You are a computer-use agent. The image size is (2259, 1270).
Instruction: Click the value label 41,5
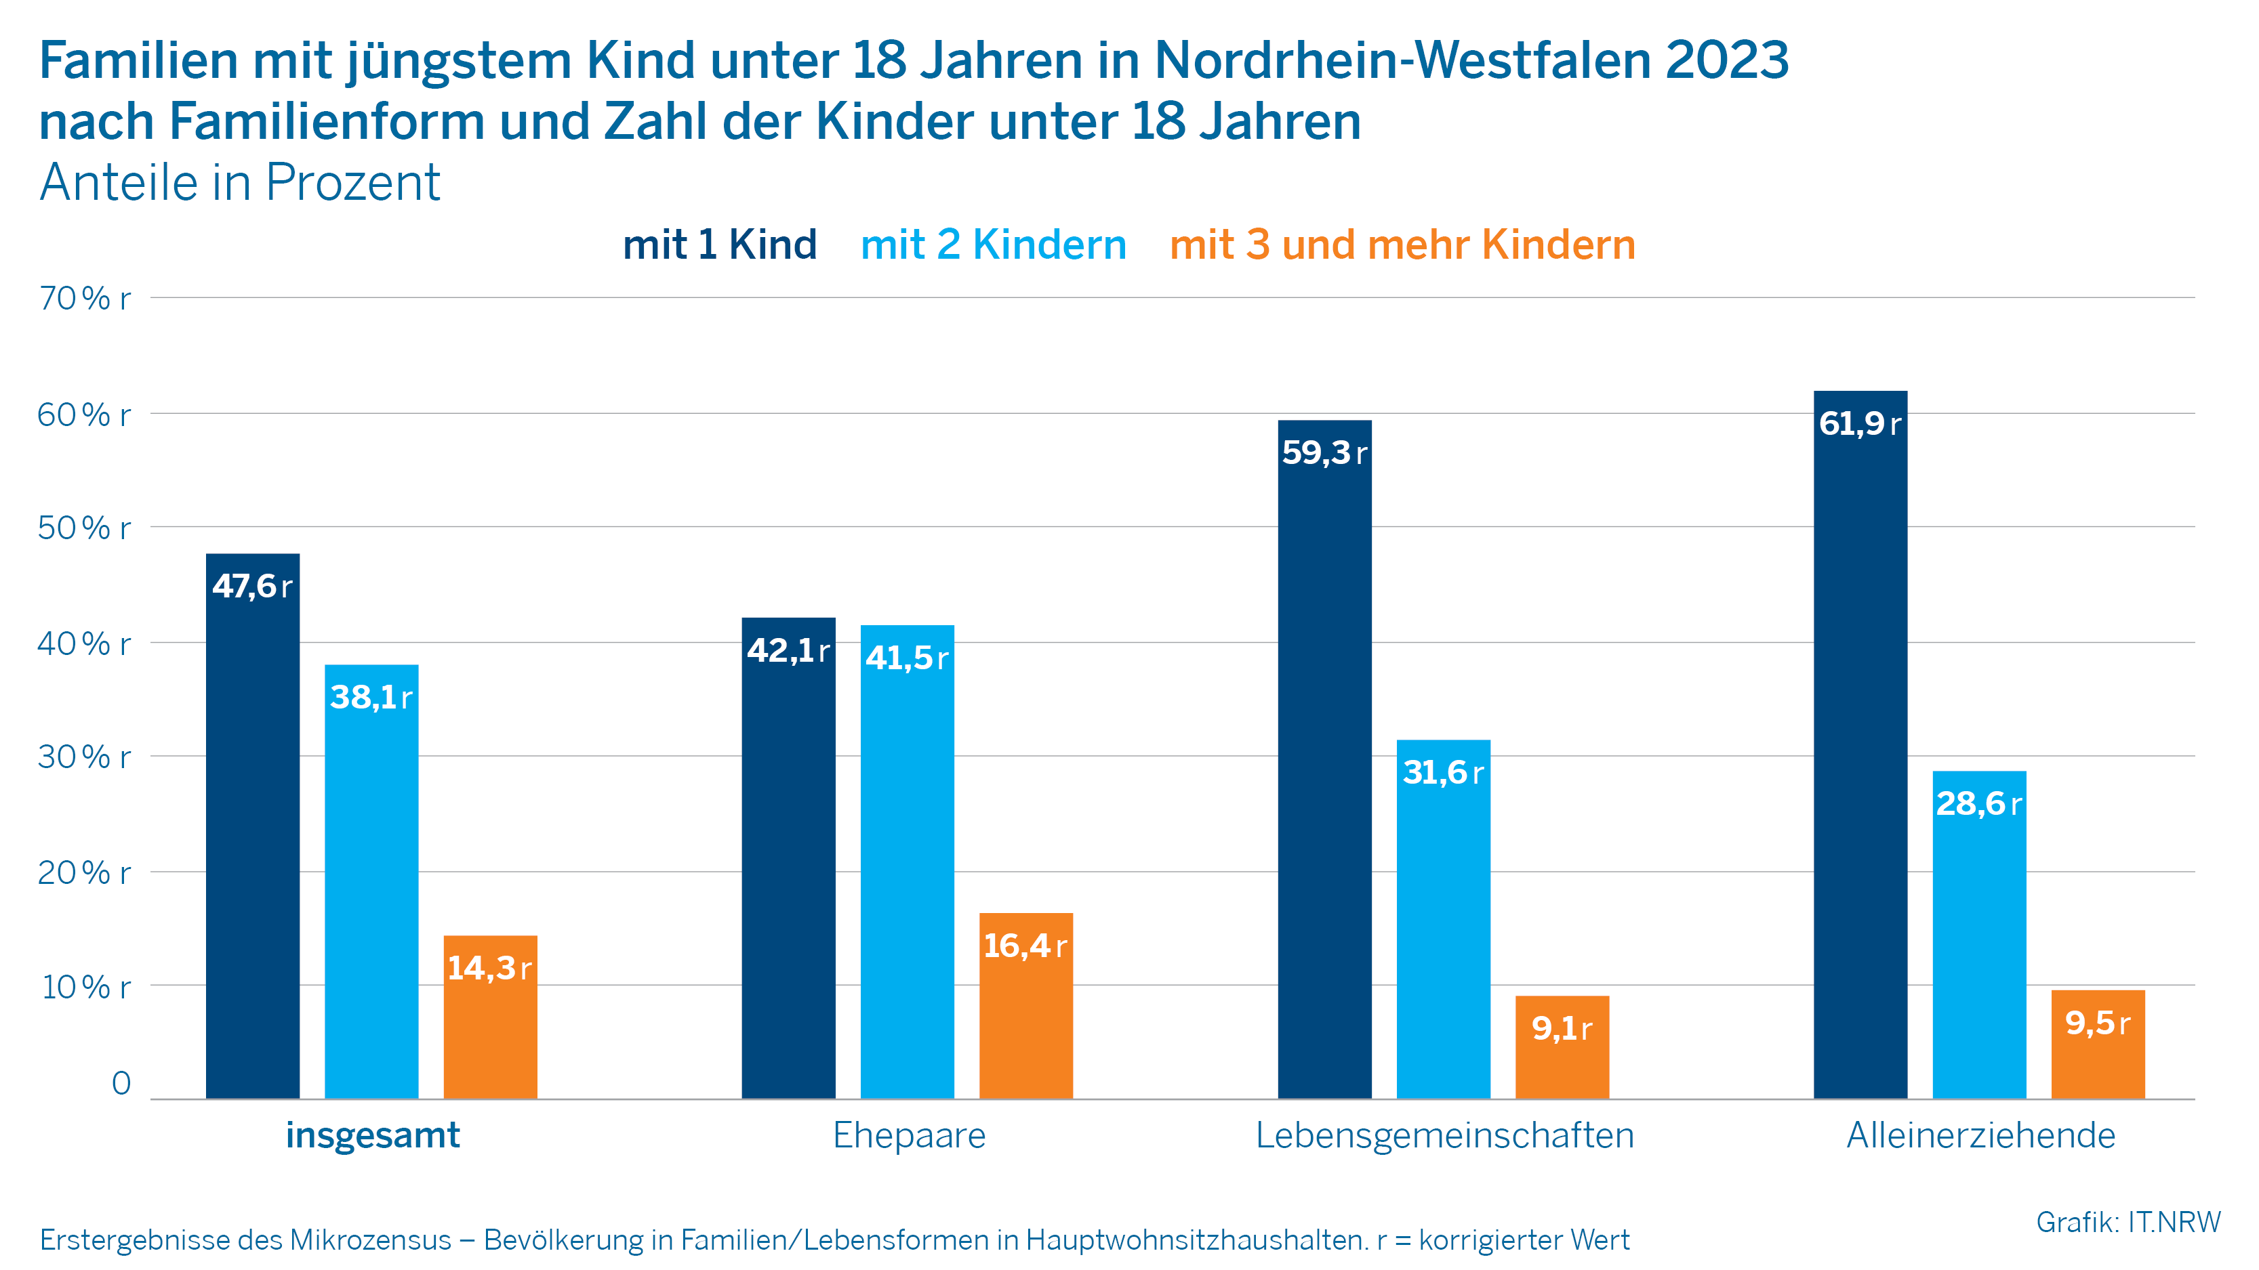click(907, 657)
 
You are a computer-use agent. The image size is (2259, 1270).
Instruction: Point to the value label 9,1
click(1561, 1028)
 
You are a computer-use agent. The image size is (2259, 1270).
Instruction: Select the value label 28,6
click(1978, 803)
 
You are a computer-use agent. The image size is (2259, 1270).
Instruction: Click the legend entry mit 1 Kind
click(719, 245)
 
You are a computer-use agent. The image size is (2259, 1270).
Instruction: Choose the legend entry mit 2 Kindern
click(993, 245)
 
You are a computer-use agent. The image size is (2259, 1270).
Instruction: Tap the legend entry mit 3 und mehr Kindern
click(1402, 245)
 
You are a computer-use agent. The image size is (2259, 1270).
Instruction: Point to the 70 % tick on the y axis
click(83, 298)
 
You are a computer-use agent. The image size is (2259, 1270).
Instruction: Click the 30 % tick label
click(83, 757)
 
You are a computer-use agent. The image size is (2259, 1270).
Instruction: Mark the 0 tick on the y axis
click(121, 1083)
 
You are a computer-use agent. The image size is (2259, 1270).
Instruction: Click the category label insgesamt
click(373, 1135)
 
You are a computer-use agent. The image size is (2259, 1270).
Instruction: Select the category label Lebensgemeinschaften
click(1444, 1135)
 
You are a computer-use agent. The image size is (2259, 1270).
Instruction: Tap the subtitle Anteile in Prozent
click(239, 182)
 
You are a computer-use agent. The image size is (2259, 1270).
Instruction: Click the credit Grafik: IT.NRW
click(2128, 1222)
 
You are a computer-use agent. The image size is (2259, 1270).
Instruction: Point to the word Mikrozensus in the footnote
click(370, 1240)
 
